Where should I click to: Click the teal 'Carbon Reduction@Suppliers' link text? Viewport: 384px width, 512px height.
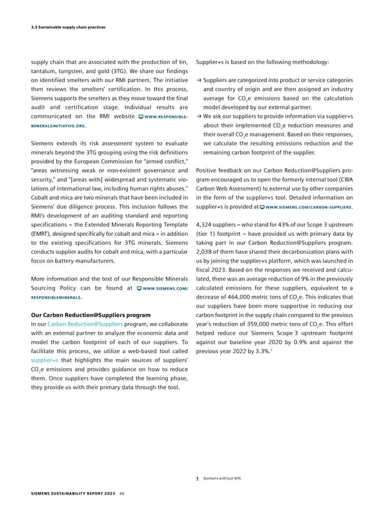coord(77,326)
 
